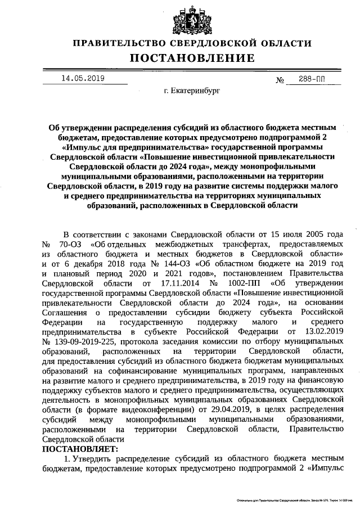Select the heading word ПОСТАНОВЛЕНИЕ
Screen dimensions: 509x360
tap(185, 58)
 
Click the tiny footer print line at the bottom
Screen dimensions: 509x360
tap(292, 500)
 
